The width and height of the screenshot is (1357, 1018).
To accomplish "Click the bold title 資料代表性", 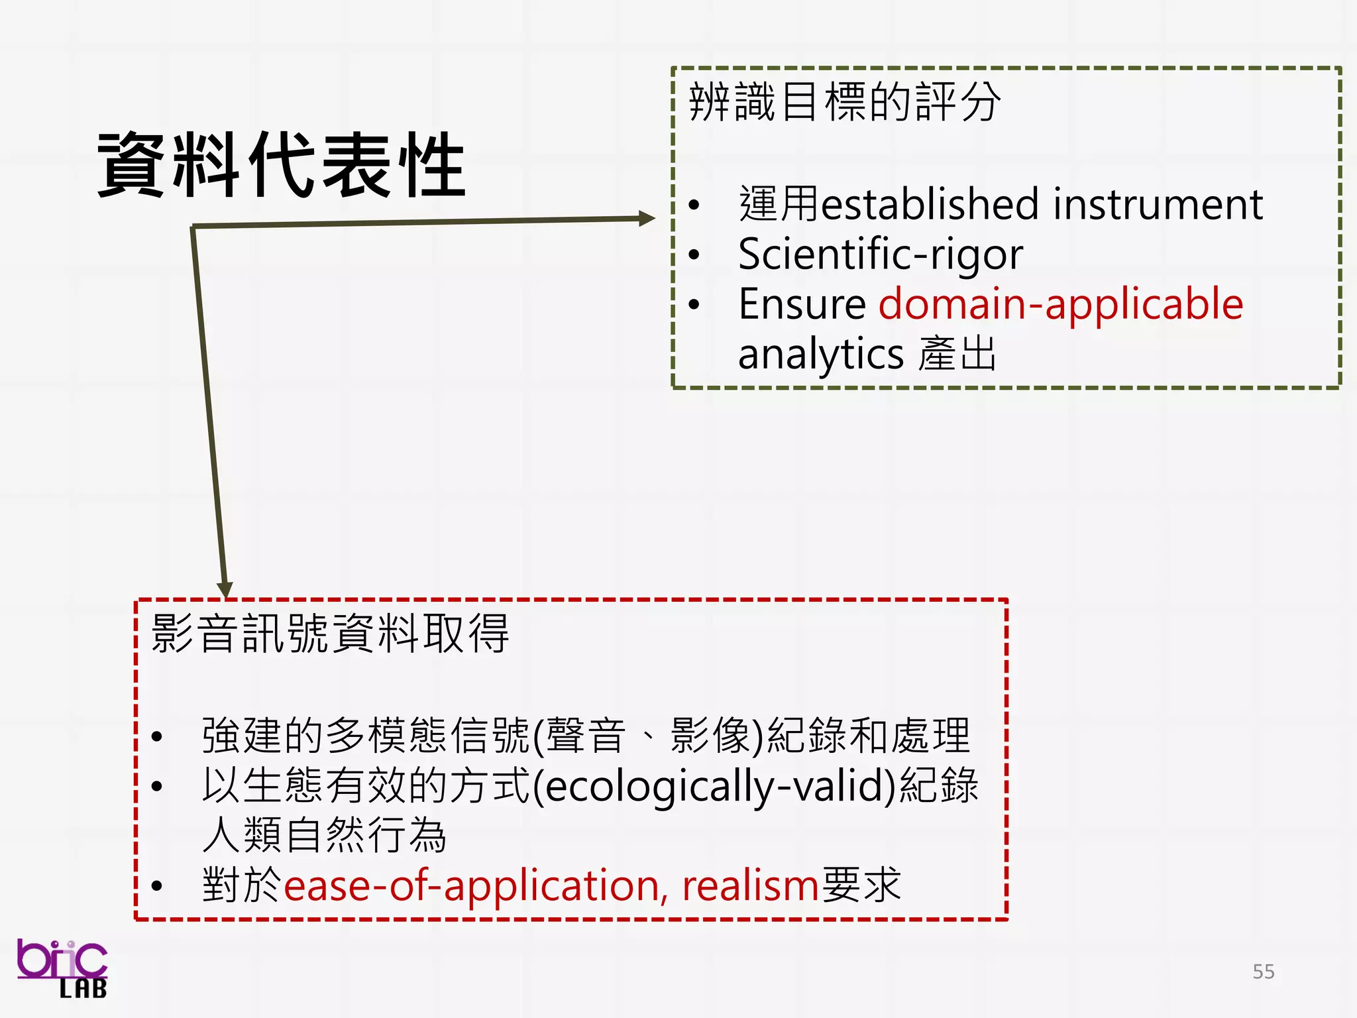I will point(282,165).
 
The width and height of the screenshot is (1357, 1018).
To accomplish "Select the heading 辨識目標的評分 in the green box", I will point(844,103).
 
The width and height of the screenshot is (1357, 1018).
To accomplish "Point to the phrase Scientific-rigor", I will point(880,254).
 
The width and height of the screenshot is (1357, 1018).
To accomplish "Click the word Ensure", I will point(802,304).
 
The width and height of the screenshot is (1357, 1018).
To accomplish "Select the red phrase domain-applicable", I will point(1060,304).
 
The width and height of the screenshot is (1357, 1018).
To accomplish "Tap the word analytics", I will point(820,355).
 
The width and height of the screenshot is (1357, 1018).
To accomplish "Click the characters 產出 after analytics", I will point(957,354).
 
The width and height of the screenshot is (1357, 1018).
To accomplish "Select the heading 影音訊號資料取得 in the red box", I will point(329,634).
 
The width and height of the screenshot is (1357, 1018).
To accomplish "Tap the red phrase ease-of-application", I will point(470,885).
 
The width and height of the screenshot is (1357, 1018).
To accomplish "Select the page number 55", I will point(1263,972).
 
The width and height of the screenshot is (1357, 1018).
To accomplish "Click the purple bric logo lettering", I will point(61,959).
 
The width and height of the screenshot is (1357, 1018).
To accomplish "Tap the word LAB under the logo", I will point(83,990).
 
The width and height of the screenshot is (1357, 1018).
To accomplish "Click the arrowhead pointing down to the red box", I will point(225,589).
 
